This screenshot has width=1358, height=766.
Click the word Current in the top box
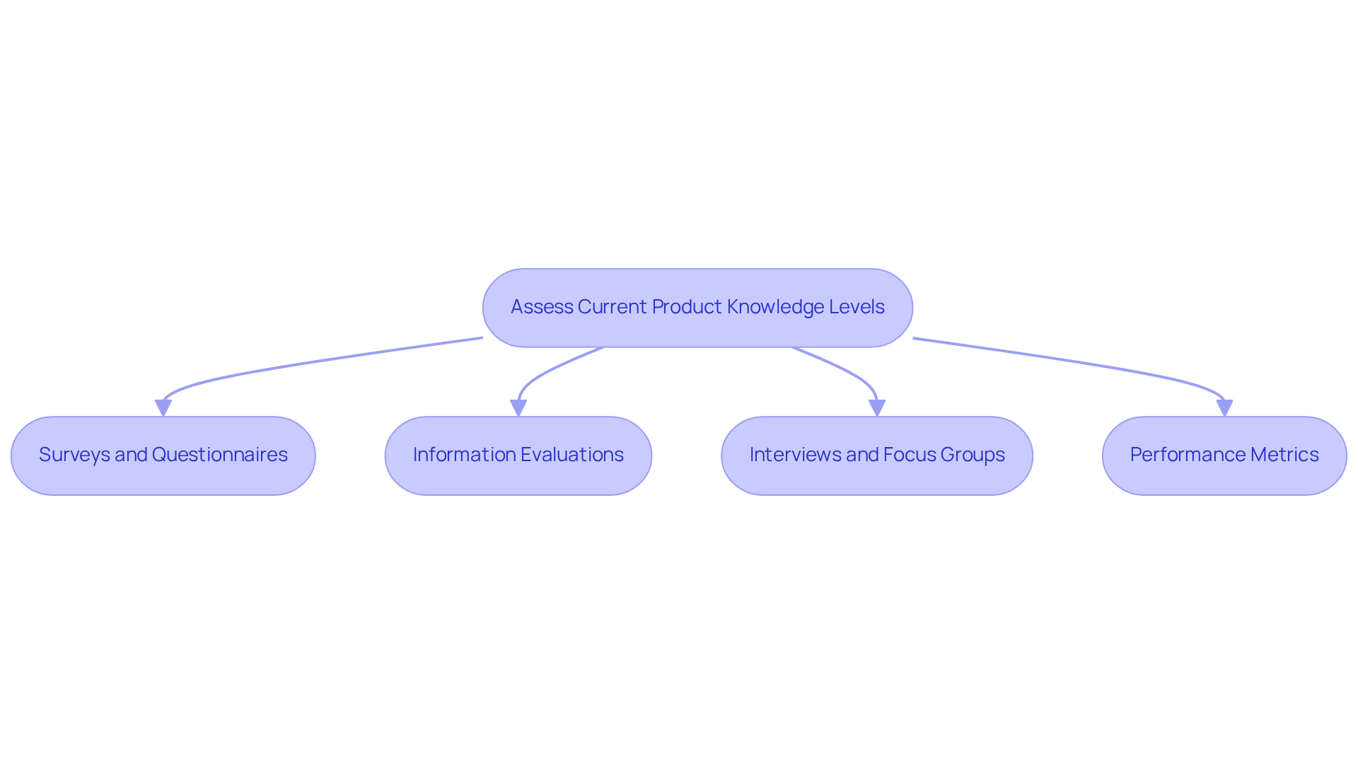612,307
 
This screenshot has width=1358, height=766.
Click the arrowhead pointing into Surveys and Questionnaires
163,408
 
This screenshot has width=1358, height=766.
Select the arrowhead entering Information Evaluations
518,408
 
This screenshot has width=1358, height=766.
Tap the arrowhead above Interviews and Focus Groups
877,408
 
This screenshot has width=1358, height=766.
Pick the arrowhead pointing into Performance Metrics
1224,408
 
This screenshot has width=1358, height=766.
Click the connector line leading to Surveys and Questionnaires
318,362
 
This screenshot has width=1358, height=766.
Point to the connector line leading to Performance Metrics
1075,362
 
